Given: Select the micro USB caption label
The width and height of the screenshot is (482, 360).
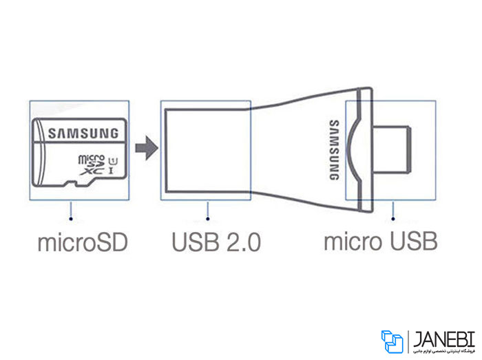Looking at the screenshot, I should (x=380, y=243).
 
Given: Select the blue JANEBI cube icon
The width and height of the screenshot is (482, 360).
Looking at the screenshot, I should (x=392, y=341).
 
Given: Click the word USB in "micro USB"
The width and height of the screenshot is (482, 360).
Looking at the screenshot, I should (x=410, y=243).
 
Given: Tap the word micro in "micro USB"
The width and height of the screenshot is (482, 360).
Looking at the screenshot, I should (x=350, y=243).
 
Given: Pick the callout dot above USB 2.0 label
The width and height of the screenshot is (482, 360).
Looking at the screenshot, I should (x=207, y=220).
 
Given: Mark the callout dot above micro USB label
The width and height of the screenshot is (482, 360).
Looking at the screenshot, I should (x=392, y=220).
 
